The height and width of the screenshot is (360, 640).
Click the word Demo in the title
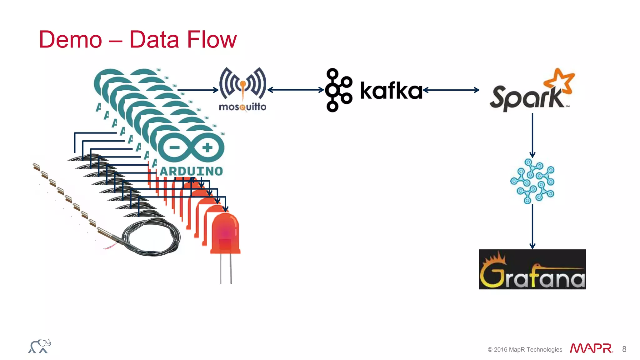(70, 40)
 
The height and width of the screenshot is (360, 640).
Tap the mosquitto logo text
(242, 107)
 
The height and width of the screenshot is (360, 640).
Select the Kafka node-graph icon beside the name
(338, 90)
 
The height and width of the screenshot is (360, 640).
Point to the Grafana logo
(532, 269)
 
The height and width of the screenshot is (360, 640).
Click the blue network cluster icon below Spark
(532, 181)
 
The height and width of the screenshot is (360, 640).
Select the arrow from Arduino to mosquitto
(198, 90)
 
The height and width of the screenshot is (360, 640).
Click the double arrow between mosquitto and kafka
(296, 90)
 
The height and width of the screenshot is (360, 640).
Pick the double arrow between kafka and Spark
(451, 90)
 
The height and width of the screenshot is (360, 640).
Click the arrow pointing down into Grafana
(532, 227)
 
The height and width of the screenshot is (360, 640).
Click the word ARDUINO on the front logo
(191, 171)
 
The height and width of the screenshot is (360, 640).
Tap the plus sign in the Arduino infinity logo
(207, 147)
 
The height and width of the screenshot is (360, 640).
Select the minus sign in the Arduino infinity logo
(174, 147)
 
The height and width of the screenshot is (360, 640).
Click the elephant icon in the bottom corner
(40, 346)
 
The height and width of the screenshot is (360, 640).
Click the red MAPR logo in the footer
(591, 348)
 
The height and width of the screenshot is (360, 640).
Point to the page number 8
(624, 349)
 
